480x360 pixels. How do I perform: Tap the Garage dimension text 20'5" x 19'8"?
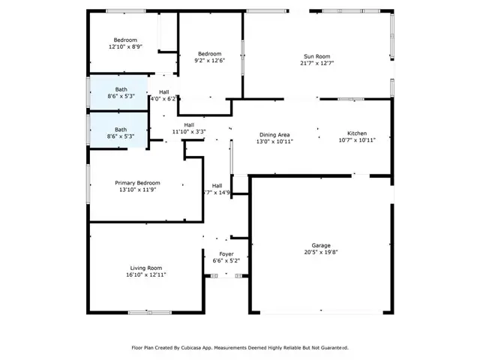click(x=321, y=253)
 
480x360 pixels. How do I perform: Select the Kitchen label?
click(x=357, y=133)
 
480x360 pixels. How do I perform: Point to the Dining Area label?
click(x=274, y=133)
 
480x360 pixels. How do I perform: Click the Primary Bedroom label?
click(x=137, y=183)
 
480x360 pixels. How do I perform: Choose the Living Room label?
click(x=146, y=268)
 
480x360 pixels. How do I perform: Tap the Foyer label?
click(x=226, y=253)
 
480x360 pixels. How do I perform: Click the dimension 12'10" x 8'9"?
click(x=125, y=47)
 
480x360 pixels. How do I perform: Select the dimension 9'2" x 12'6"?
click(x=209, y=61)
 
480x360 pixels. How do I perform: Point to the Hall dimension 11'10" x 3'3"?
click(x=189, y=132)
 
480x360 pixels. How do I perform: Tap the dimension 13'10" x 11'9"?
click(x=137, y=190)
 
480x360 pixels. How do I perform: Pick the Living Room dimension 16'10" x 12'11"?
click(x=146, y=275)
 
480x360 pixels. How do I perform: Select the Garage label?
click(x=321, y=245)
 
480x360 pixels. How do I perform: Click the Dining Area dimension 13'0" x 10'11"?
click(x=274, y=141)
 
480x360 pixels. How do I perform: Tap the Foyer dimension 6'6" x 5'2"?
click(x=226, y=261)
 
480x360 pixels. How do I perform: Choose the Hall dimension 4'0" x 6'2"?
click(x=163, y=99)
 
